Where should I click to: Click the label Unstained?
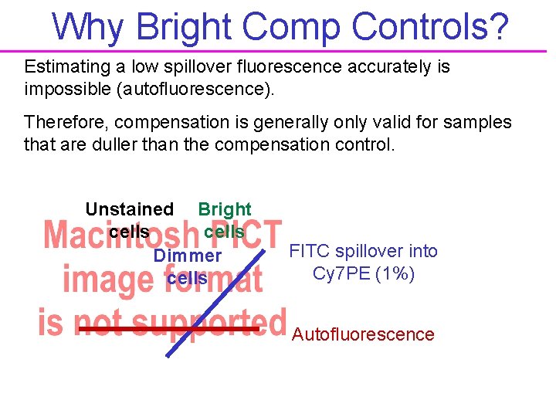129,209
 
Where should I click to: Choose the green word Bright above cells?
224,209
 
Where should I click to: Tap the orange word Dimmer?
188,256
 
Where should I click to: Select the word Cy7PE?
341,273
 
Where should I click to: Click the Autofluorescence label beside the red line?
363,334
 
